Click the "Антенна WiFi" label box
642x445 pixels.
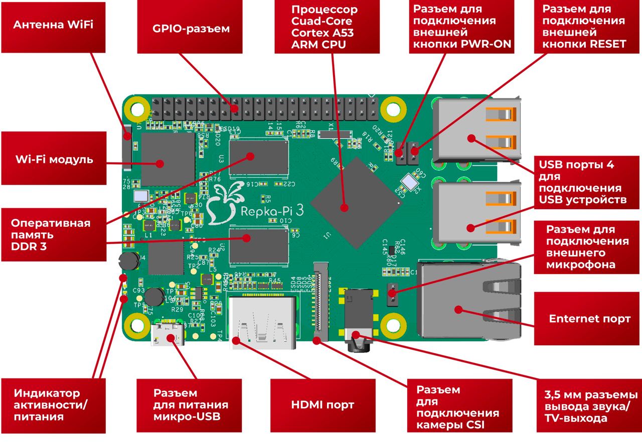point(53,26)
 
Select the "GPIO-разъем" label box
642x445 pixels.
point(191,29)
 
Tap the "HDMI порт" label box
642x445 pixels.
point(323,404)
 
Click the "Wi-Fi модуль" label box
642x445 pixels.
point(54,159)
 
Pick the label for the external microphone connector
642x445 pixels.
point(587,247)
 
